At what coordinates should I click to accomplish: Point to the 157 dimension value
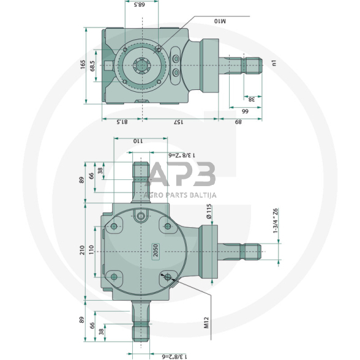click(x=178, y=122)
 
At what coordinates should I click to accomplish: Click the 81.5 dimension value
click(x=122, y=122)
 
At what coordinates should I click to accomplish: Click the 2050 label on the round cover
click(x=156, y=252)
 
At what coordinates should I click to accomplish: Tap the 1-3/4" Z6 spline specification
click(x=276, y=221)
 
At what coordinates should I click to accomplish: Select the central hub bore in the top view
click(x=143, y=65)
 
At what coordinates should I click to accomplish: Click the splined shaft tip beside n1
click(x=253, y=64)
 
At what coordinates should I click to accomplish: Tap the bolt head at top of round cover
click(x=141, y=216)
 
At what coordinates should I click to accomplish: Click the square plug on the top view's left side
click(x=109, y=66)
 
